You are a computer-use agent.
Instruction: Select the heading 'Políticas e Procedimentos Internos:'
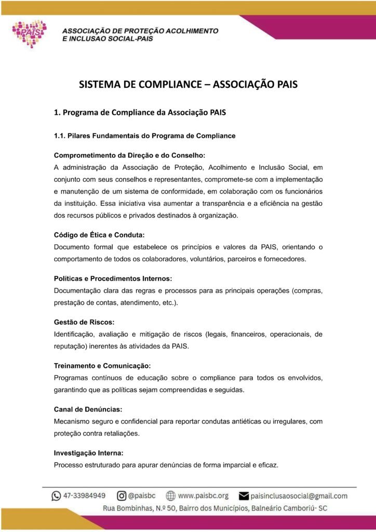pos(113,278)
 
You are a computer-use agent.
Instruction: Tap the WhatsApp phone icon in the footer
pos(56,496)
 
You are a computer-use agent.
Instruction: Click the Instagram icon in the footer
pos(121,496)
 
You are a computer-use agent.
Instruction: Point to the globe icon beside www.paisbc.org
pos(170,496)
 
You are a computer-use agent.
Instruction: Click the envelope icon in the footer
pos(244,496)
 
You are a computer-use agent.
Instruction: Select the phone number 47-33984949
pos(85,496)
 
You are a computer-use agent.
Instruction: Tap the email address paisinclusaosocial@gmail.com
pos(299,496)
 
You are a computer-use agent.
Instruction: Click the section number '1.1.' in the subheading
pos(60,136)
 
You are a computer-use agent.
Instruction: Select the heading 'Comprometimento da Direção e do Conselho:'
pos(130,155)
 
